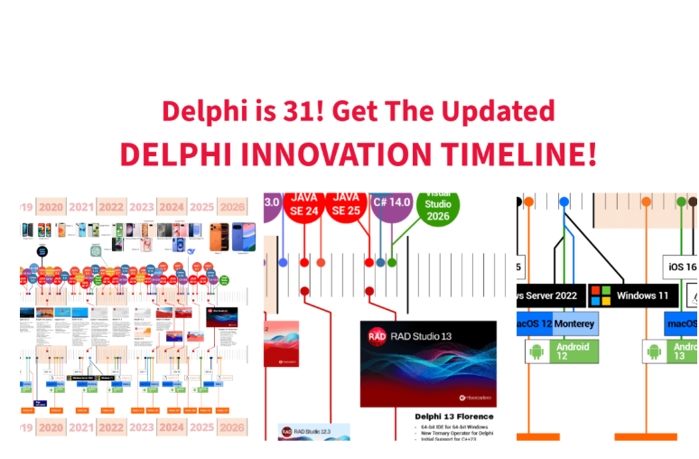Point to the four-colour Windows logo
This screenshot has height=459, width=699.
point(601,295)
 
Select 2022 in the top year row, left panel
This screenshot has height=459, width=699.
point(111,206)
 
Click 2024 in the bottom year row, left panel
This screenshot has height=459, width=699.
point(172,427)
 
